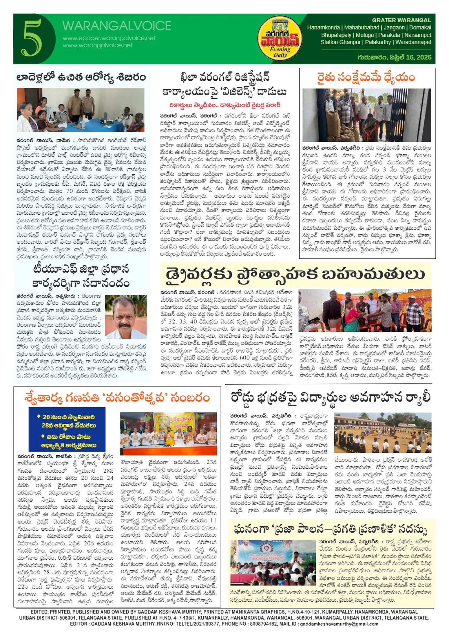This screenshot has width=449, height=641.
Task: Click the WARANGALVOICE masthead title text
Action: (x=116, y=26)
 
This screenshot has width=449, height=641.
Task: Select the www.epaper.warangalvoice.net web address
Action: (x=109, y=38)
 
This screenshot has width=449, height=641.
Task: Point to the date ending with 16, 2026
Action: (x=394, y=57)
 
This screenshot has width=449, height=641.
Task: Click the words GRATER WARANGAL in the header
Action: (x=401, y=20)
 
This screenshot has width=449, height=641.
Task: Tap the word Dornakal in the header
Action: (x=420, y=28)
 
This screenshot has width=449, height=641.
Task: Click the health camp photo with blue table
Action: (x=81, y=110)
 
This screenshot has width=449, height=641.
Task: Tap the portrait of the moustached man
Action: (x=126, y=317)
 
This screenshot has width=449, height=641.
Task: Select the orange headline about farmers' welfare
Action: (x=366, y=78)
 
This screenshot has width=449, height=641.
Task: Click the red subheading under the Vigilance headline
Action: (x=224, y=105)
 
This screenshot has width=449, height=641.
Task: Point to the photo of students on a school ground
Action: (x=383, y=432)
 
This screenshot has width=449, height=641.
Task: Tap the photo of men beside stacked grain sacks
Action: (x=366, y=115)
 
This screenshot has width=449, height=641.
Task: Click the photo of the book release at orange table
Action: (x=168, y=433)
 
